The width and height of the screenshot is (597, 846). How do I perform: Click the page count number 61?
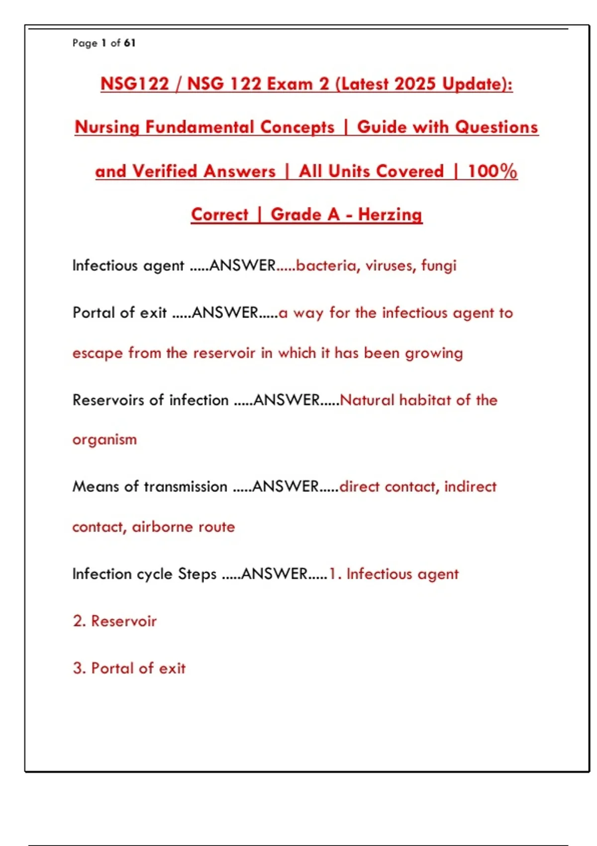pyautogui.click(x=129, y=43)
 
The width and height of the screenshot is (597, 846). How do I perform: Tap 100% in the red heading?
pyautogui.click(x=492, y=172)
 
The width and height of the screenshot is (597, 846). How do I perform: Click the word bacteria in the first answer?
pyautogui.click(x=326, y=266)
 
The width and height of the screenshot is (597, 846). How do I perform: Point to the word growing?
pyautogui.click(x=434, y=353)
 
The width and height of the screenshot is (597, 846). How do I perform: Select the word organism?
pyautogui.click(x=104, y=440)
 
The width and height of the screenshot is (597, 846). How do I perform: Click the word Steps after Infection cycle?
pyautogui.click(x=197, y=574)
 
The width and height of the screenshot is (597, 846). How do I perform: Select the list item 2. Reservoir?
pyautogui.click(x=115, y=621)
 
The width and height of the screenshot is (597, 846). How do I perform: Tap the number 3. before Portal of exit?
pyautogui.click(x=79, y=668)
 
